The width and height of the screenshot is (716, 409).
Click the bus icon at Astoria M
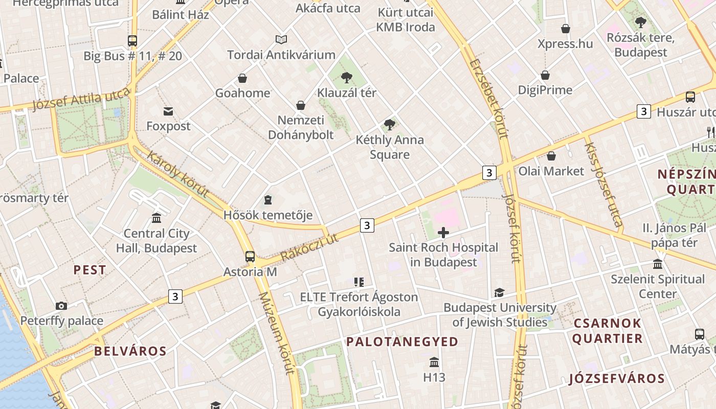(250, 257)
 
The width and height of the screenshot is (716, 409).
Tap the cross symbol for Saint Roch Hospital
(443, 233)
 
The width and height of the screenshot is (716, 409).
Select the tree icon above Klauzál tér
(347, 78)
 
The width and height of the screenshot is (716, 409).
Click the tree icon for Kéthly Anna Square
(390, 125)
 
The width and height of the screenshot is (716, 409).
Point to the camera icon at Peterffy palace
(61, 306)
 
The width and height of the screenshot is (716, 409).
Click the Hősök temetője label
(268, 215)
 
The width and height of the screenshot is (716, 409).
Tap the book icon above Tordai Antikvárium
(281, 39)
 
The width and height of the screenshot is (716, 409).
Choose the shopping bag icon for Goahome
(242, 78)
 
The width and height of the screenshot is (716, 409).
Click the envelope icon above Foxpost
(168, 111)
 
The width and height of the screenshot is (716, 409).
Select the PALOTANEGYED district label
(402, 342)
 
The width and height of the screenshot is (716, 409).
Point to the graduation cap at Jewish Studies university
(499, 293)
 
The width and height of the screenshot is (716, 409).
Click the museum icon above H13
(434, 362)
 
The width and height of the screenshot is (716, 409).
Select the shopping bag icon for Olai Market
(551, 156)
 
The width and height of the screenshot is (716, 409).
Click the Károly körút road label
(177, 174)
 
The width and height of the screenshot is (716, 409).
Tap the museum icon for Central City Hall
(156, 218)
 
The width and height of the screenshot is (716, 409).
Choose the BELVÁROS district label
(130, 351)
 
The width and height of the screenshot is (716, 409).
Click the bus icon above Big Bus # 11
(132, 41)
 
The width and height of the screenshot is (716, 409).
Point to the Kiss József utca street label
(603, 184)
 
